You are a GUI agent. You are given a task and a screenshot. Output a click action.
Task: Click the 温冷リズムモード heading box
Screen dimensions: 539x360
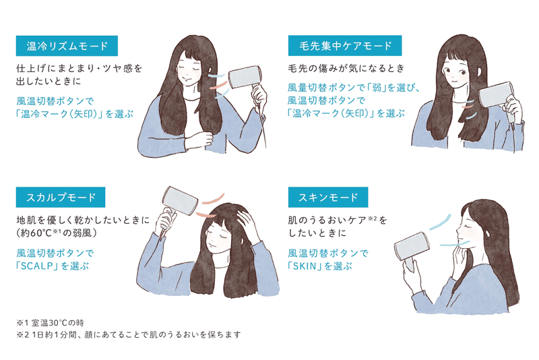point(67,46)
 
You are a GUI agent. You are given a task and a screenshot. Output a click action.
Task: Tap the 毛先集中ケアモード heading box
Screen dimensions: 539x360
point(345,45)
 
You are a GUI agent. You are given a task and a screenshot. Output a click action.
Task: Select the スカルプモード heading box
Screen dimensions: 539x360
point(61,198)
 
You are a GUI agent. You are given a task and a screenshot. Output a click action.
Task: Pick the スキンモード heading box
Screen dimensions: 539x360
point(328,198)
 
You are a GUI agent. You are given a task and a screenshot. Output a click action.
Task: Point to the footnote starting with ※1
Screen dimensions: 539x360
point(50,323)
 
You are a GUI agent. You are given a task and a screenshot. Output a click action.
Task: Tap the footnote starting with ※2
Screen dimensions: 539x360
point(129,334)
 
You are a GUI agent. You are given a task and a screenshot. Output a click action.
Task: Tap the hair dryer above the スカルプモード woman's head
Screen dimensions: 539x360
point(175,206)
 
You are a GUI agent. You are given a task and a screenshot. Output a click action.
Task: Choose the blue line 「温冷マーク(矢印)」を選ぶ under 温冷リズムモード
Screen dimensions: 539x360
point(75,114)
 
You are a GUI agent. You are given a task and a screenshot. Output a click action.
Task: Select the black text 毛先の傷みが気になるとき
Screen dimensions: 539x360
point(346,68)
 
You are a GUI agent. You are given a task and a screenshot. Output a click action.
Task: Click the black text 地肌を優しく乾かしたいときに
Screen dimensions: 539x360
point(83,220)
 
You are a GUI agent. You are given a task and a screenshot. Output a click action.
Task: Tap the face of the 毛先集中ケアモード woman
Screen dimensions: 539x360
point(456,75)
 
